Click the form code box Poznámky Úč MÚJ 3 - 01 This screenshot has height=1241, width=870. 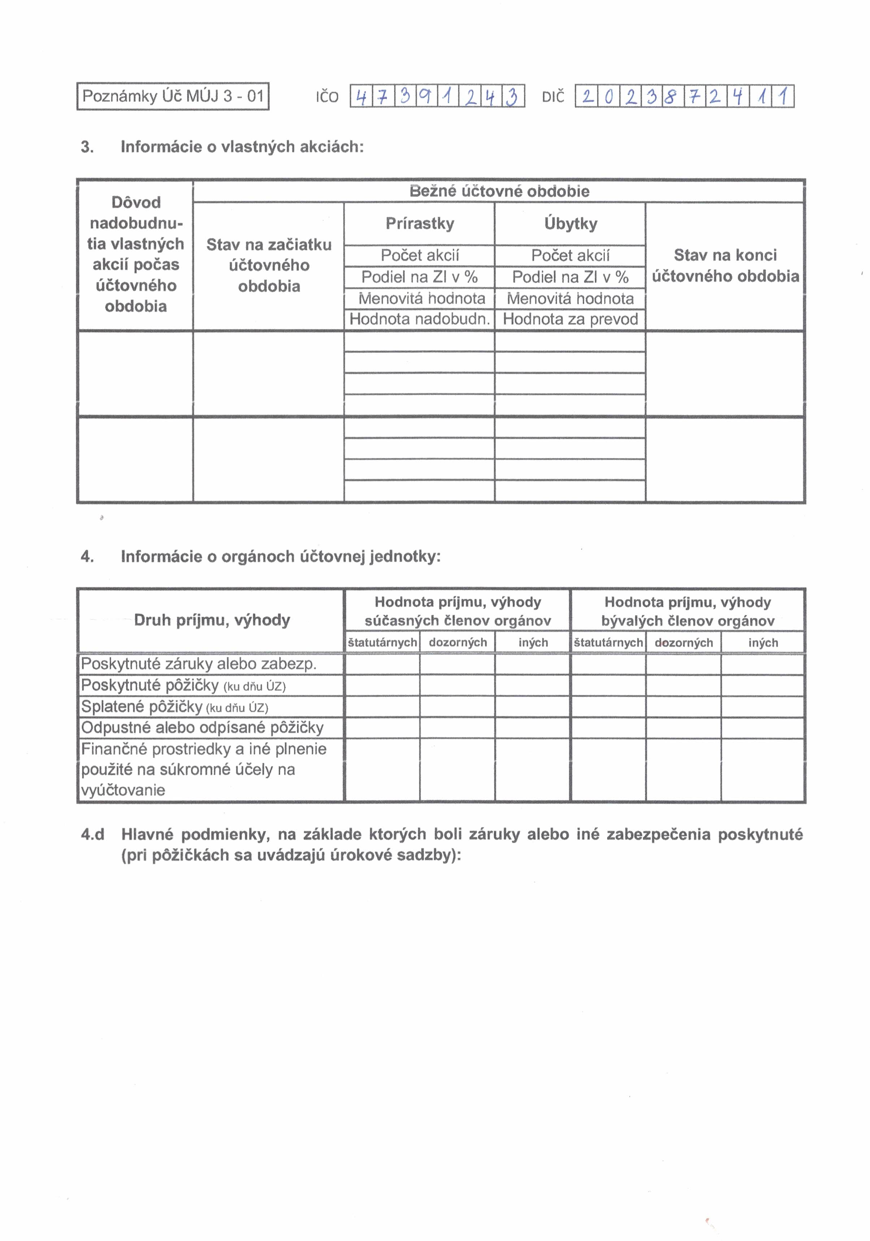[173, 96]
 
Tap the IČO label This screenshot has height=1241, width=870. [327, 97]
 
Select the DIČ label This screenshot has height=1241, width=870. [553, 97]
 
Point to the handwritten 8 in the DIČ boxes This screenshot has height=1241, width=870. [671, 97]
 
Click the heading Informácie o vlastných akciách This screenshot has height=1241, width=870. [242, 147]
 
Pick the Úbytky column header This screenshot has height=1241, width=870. [570, 223]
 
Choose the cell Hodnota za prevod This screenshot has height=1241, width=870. [570, 319]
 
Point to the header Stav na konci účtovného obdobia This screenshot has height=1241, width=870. [725, 265]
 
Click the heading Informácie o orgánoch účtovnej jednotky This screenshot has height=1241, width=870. [281, 556]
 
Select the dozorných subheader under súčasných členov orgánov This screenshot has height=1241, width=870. [458, 642]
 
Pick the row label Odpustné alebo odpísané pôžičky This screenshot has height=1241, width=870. [202, 727]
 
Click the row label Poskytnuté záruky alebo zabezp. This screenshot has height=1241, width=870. [198, 664]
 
